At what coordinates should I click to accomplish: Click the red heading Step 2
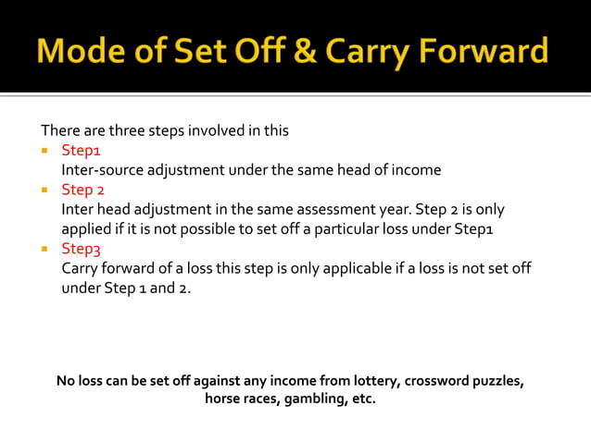[82, 190]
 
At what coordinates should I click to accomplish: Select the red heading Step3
[80, 249]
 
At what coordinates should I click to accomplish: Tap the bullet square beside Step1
[44, 150]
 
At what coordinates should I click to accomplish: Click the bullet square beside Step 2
[44, 190]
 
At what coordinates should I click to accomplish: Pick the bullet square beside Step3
[44, 249]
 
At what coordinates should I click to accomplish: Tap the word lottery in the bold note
[368, 381]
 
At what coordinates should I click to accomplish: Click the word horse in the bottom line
[223, 401]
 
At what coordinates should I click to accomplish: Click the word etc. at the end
[362, 401]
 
